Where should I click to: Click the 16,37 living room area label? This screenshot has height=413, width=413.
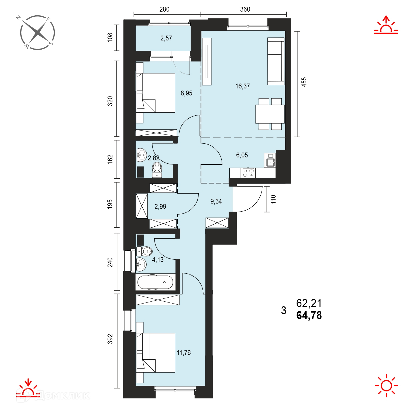tap(243, 86)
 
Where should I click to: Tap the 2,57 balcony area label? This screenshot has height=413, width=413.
tap(166, 38)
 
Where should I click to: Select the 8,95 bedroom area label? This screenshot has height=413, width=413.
tap(186, 93)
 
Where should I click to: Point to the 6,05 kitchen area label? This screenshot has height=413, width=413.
tap(242, 155)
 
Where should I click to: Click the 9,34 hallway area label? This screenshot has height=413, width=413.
tap(216, 201)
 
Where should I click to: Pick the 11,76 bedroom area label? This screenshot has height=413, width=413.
tap(184, 353)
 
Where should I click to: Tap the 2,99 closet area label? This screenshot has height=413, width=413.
tap(160, 207)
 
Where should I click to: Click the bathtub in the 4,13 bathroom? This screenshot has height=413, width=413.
tap(156, 282)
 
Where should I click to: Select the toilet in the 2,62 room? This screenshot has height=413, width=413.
tap(157, 169)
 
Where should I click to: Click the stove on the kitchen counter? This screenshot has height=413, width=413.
tap(248, 173)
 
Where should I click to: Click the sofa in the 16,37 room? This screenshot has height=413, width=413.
tap(276, 61)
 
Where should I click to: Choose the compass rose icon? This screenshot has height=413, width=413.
tap(37, 33)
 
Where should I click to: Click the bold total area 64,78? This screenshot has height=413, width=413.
tap(309, 315)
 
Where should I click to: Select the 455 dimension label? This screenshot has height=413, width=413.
tap(304, 82)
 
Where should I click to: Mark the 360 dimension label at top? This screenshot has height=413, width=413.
tap(245, 9)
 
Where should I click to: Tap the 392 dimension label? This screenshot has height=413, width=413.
tap(110, 339)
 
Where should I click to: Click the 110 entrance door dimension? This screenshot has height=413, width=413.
tap(273, 199)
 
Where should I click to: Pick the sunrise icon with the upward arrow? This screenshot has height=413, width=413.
tap(386, 25)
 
